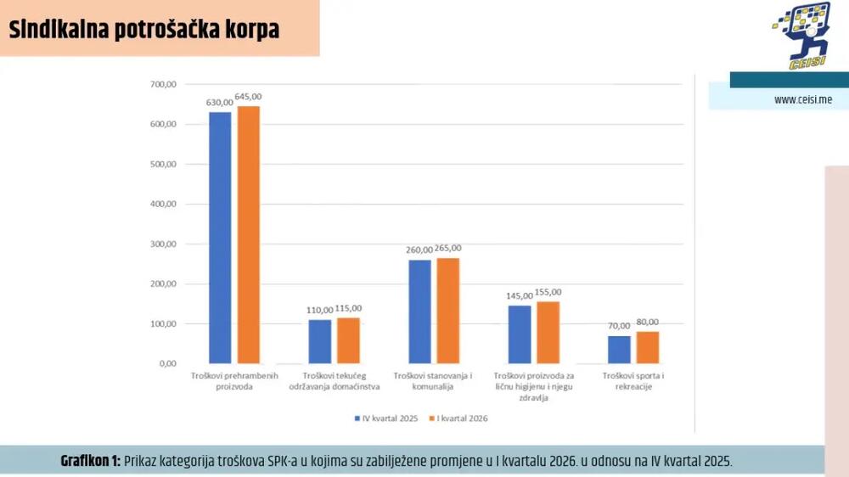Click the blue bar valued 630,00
tap(220, 238)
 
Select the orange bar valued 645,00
tap(249, 234)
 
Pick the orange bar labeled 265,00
tap(448, 311)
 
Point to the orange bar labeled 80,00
tap(648, 347)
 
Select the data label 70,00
tap(619, 326)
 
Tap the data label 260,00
tap(419, 250)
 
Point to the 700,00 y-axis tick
tap(163, 85)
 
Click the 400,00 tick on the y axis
tap(163, 205)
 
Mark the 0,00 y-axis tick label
tap(166, 363)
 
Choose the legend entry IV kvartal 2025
tap(387, 418)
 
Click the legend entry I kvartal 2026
tap(458, 418)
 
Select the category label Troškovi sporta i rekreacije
tap(633, 381)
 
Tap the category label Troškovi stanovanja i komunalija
tap(433, 381)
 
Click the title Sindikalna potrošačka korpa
tap(143, 30)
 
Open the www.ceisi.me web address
tap(802, 100)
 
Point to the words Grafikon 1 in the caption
tap(90, 461)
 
